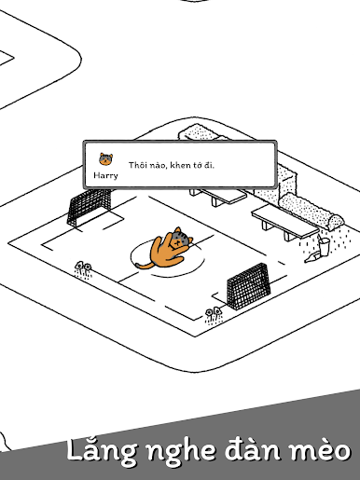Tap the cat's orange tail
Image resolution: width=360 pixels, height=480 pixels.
(x=144, y=266)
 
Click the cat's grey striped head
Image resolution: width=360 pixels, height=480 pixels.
(x=181, y=239)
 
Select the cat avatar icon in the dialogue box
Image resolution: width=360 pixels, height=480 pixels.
(x=106, y=159)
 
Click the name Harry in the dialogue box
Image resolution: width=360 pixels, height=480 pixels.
(x=105, y=175)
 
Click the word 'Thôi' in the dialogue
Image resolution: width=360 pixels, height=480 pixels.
(x=137, y=165)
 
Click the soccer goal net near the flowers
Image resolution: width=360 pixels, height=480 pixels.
(x=247, y=285)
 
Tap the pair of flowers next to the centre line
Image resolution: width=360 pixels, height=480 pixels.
(x=83, y=269)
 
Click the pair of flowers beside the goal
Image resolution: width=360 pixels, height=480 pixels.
(x=214, y=315)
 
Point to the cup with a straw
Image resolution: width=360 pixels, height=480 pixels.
(x=324, y=246)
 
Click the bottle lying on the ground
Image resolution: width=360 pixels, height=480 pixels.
(x=312, y=257)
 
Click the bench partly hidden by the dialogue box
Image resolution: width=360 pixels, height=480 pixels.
(x=220, y=196)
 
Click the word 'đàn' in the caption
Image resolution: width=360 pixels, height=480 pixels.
(x=253, y=449)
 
